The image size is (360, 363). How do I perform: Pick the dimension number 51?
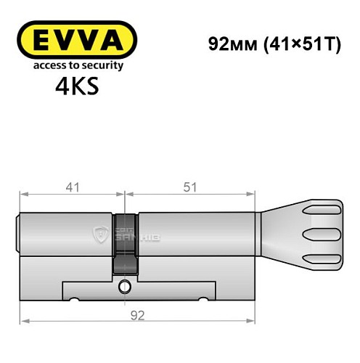191,187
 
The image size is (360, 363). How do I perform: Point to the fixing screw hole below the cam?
125,285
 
